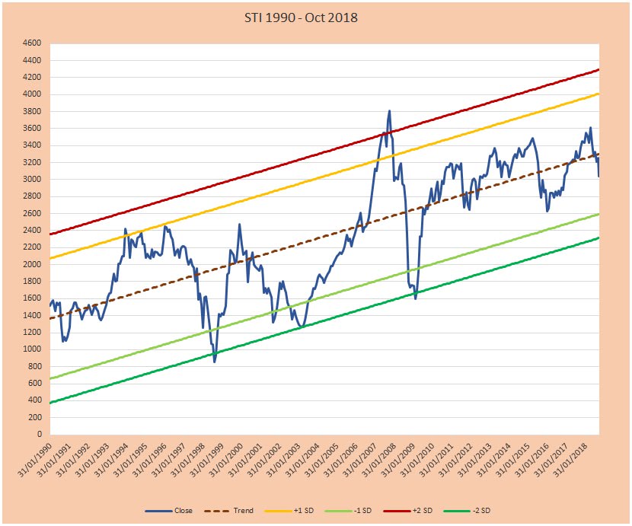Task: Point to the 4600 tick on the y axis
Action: coord(32,43)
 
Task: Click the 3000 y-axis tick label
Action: coord(32,180)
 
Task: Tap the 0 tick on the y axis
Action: coord(39,435)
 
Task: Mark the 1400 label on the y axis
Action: coord(32,316)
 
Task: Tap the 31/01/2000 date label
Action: coord(225,457)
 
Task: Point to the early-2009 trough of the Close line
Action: coord(415,298)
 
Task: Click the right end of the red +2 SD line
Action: coord(599,70)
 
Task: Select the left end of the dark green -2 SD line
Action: coord(49,403)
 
